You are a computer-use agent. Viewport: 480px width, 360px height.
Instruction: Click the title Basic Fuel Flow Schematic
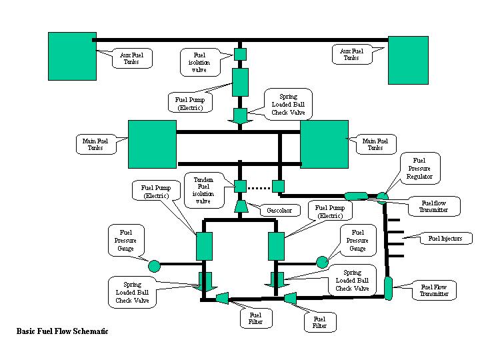pyautogui.click(x=62, y=331)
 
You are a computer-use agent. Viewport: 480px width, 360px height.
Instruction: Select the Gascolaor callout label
pyautogui.click(x=279, y=210)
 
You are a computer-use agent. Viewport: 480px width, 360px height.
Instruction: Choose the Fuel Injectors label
pyautogui.click(x=445, y=238)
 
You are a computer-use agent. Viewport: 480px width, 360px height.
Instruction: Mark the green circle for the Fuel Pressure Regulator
pyautogui.click(x=382, y=197)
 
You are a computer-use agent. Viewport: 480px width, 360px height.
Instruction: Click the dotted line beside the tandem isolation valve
pyautogui.click(x=259, y=185)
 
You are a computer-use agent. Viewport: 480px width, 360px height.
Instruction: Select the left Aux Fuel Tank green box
pyautogui.click(x=72, y=56)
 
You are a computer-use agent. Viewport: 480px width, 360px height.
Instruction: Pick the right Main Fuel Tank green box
pyautogui.click(x=324, y=144)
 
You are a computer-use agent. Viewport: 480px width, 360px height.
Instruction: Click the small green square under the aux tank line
pyautogui.click(x=241, y=53)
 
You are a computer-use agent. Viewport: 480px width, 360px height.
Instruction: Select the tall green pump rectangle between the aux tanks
pyautogui.click(x=240, y=82)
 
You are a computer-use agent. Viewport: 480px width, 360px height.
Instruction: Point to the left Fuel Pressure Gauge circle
pyautogui.click(x=154, y=266)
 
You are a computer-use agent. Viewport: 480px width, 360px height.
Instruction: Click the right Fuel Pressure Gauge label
pyautogui.click(x=357, y=239)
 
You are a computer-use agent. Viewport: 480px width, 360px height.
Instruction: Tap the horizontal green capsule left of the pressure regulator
pyautogui.click(x=356, y=196)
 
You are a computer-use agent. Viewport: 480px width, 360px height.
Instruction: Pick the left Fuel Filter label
pyautogui.click(x=256, y=319)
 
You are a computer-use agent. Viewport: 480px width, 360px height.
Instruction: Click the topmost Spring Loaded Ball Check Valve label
pyautogui.click(x=288, y=105)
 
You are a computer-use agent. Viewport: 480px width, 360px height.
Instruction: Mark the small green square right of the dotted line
pyautogui.click(x=279, y=185)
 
